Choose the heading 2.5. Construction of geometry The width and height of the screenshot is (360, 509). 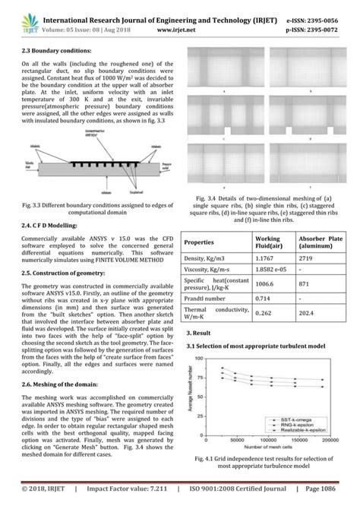pyautogui.click(x=53, y=271)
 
